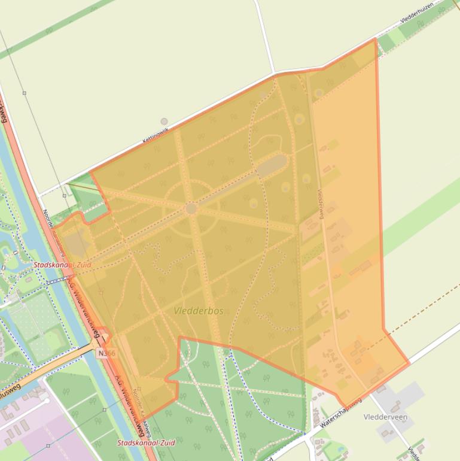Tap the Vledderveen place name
pyautogui.click(x=385, y=417)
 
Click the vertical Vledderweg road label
pyautogui.click(x=321, y=204)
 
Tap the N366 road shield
pyautogui.click(x=105, y=354)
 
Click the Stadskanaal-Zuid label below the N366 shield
pyautogui.click(x=147, y=444)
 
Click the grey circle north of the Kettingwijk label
pyautogui.click(x=164, y=122)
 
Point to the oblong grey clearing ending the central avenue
pyautogui.click(x=272, y=166)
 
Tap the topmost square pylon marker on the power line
pyautogui.click(x=24, y=93)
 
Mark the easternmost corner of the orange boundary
pyautogui.click(x=409, y=363)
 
